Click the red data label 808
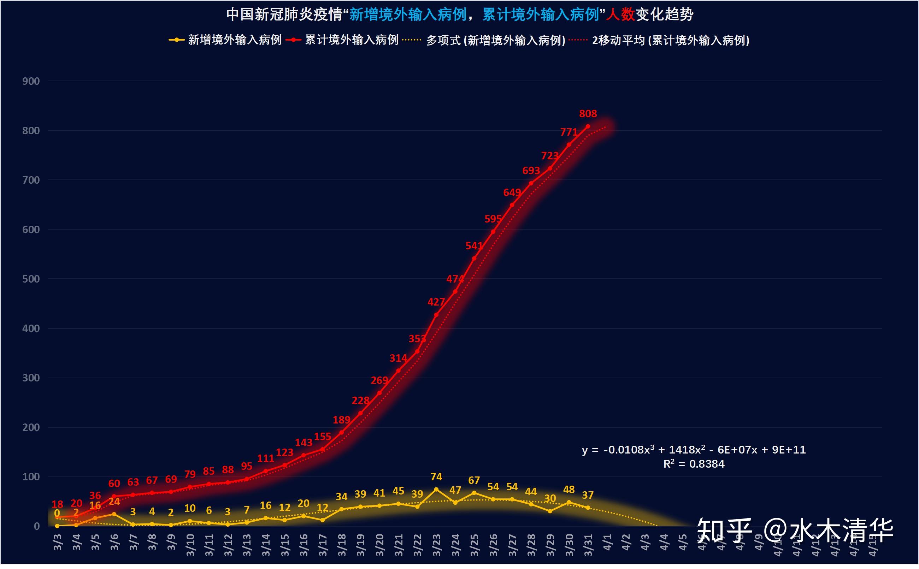click(588, 114)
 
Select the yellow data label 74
click(436, 477)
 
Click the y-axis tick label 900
click(31, 81)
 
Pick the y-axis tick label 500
click(31, 279)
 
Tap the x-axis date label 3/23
click(436, 545)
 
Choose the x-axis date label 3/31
click(588, 545)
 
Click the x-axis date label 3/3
click(57, 542)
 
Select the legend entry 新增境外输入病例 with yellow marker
click(225, 40)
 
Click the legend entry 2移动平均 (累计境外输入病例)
click(659, 40)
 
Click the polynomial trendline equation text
click(694, 450)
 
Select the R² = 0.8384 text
click(694, 464)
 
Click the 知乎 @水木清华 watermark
click(794, 530)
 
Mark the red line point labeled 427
click(436, 315)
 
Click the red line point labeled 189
click(341, 433)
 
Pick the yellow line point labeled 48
click(569, 502)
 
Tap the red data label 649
click(512, 193)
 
